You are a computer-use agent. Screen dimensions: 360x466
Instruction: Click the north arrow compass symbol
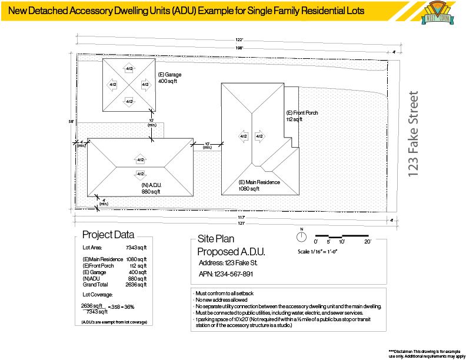pyautogui.click(x=301, y=237)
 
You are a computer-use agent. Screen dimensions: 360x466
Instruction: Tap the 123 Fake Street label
pyautogui.click(x=415, y=134)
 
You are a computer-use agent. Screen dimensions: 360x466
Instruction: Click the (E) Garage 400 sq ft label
pyautogui.click(x=169, y=78)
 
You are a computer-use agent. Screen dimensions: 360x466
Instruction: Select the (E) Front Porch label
pyautogui.click(x=302, y=116)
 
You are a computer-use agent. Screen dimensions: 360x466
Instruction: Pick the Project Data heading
pyautogui.click(x=108, y=235)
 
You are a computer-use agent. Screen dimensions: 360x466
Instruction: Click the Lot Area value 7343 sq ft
pyautogui.click(x=137, y=248)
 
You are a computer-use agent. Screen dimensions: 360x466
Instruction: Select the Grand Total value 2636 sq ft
pyautogui.click(x=137, y=285)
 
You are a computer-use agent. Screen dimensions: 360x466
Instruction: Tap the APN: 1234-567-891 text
pyautogui.click(x=225, y=274)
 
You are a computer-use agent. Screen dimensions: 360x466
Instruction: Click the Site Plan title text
pyautogui.click(x=217, y=240)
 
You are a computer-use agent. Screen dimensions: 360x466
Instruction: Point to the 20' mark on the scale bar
pyautogui.click(x=367, y=242)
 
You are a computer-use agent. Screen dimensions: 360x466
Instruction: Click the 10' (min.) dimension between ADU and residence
pyautogui.click(x=207, y=145)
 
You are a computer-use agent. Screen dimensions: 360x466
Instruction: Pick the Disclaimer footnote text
pyautogui.click(x=427, y=352)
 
